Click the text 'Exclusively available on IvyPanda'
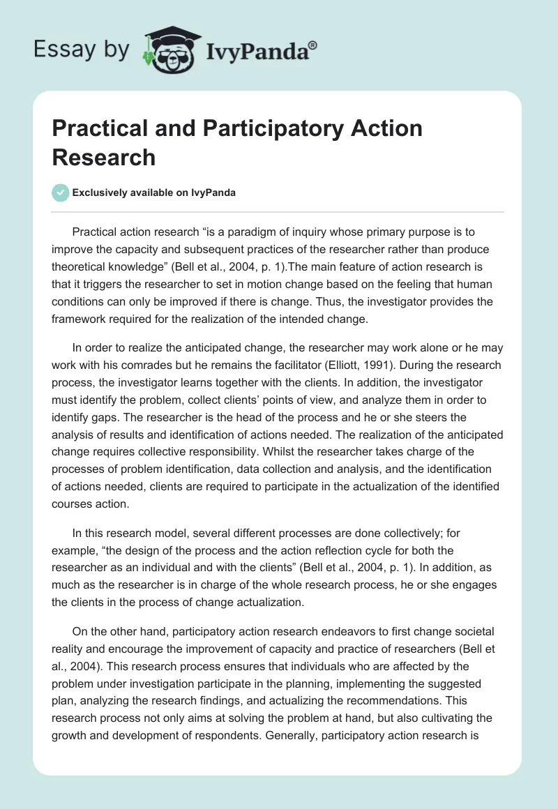tap(153, 192)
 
